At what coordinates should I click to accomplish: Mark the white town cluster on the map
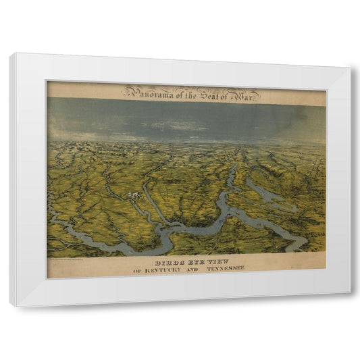[135, 196]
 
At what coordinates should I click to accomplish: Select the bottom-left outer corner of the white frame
[11, 306]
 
